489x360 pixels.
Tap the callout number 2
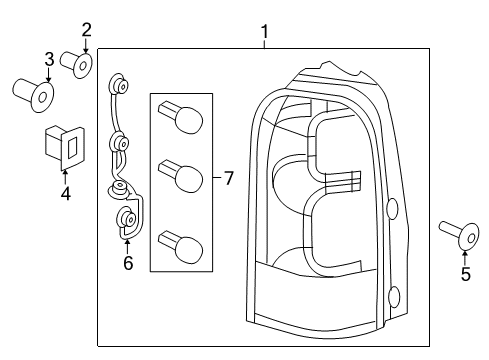tap(86, 29)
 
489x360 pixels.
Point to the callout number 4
tap(65, 192)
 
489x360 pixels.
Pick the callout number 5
tap(465, 274)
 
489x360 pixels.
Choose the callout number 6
tap(127, 263)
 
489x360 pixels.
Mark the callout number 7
tap(228, 179)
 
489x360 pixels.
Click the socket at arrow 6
tap(127, 220)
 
